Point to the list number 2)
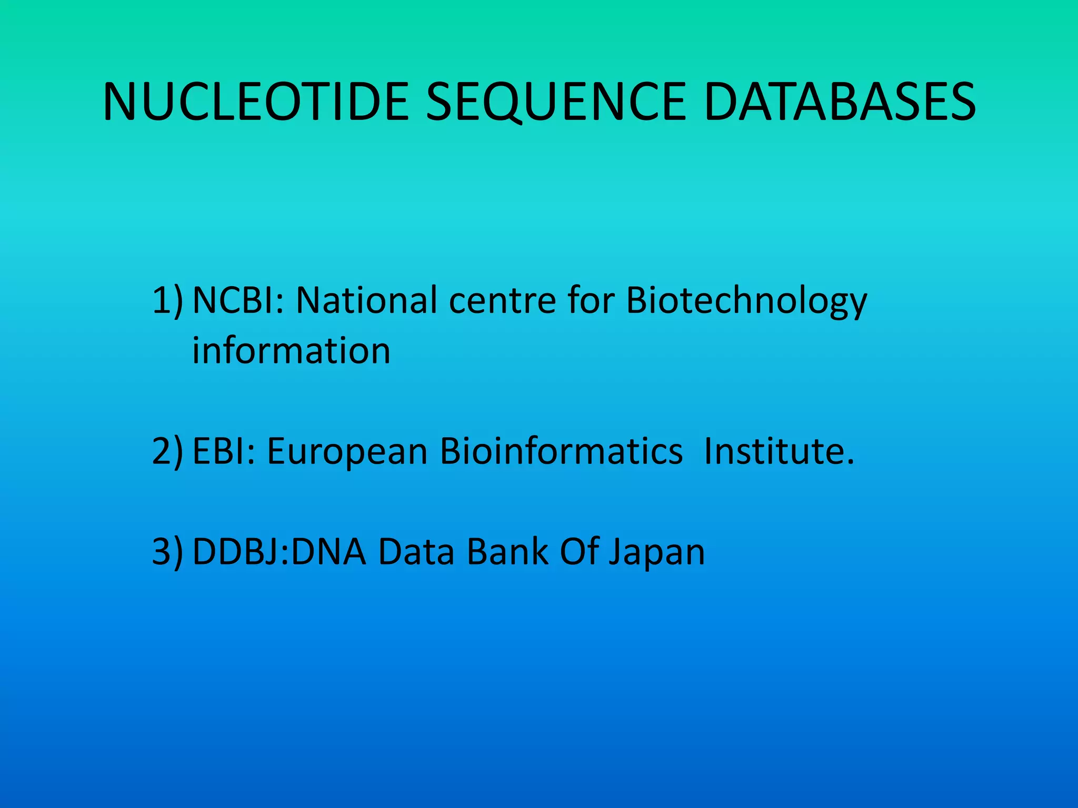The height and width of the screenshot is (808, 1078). pos(168,451)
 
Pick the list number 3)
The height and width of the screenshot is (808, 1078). pos(168,552)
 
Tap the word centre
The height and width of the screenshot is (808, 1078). pos(502,301)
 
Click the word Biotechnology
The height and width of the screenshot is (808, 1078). pos(746,301)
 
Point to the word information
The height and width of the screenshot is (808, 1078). pos(291,350)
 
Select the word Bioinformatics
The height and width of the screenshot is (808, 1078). pos(561,451)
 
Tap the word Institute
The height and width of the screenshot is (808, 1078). pos(778,451)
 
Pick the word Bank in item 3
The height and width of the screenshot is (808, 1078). pos(507,552)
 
